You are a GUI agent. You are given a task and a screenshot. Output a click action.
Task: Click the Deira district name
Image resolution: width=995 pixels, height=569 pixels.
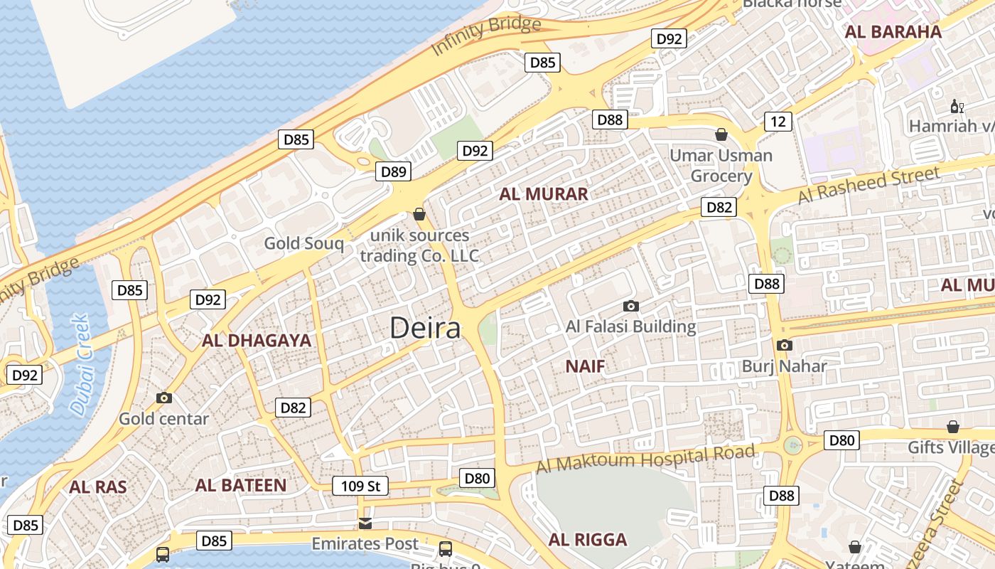click(425, 328)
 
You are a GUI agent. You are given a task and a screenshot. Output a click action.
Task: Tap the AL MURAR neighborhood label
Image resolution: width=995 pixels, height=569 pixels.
click(544, 194)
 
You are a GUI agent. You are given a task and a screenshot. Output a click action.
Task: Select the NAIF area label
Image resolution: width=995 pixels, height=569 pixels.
click(585, 366)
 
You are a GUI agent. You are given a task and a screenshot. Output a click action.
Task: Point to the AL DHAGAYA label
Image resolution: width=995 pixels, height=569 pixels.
click(257, 340)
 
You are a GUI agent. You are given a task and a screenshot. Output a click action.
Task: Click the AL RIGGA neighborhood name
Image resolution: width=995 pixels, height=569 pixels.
click(588, 539)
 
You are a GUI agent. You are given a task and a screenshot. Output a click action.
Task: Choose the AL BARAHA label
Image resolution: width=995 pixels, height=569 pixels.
click(893, 31)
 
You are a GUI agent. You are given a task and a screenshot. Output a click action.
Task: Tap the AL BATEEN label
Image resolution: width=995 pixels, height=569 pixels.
click(241, 485)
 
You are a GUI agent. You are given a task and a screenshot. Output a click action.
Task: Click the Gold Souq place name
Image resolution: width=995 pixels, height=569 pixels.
click(303, 243)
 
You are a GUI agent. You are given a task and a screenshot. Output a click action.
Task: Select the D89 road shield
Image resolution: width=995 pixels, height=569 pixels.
click(393, 171)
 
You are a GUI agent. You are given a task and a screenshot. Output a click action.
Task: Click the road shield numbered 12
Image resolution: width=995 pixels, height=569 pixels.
click(778, 122)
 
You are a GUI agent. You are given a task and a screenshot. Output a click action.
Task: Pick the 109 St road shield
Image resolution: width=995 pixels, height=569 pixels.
click(361, 486)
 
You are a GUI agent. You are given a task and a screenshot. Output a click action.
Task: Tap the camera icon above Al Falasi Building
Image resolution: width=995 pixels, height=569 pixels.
click(630, 307)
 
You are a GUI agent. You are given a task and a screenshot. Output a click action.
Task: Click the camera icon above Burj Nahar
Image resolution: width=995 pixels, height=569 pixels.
click(784, 346)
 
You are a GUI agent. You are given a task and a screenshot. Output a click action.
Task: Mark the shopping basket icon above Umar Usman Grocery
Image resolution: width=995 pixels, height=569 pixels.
click(721, 134)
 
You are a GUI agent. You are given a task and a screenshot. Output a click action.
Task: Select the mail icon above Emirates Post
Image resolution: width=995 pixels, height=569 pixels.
click(365, 524)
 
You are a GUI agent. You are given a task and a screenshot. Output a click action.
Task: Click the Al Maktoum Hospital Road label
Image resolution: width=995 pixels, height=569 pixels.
click(645, 459)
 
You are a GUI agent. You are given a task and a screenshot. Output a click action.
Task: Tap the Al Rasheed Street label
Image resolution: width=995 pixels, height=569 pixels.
click(868, 185)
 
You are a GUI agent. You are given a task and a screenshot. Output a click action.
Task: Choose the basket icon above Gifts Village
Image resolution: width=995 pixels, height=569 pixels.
click(952, 427)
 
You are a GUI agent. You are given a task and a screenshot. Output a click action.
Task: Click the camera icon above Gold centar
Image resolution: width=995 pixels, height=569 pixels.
click(164, 398)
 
